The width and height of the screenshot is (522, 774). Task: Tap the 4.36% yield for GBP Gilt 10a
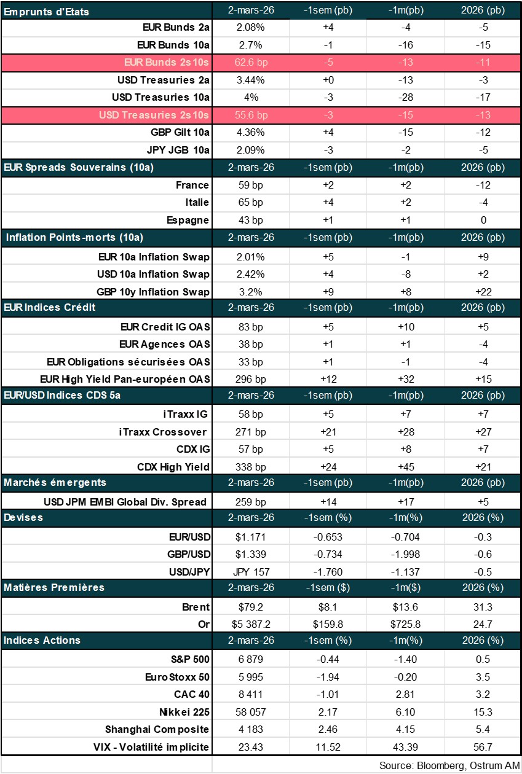[250, 132]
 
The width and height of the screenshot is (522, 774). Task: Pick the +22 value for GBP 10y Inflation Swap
[483, 292]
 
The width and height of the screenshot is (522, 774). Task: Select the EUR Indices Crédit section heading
[50, 307]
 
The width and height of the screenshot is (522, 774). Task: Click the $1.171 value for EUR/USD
[250, 537]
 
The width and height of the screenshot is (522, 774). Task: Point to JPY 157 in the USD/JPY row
[252, 572]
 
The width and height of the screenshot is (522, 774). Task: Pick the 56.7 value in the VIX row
[483, 747]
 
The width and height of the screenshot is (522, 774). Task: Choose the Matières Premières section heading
[54, 587]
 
